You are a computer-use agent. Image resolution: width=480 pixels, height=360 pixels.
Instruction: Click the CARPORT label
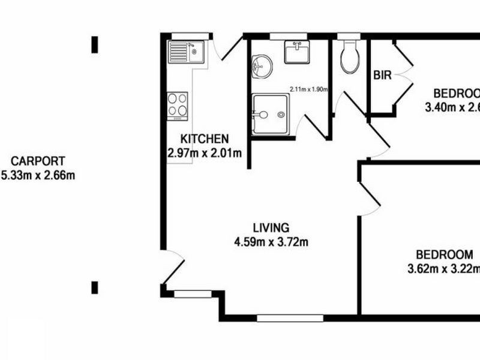point(38,161)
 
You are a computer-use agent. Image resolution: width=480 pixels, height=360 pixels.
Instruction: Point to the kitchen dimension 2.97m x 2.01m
point(205,153)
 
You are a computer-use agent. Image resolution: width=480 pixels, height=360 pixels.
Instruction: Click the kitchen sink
point(187,52)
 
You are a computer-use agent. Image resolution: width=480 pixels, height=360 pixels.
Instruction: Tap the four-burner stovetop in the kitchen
point(177,106)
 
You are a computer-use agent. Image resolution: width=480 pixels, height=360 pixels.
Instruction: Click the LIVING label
point(271,228)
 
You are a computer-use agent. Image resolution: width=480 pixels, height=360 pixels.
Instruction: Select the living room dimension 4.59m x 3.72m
point(271,242)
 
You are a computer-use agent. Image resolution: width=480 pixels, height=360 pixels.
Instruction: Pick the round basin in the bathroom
point(262,66)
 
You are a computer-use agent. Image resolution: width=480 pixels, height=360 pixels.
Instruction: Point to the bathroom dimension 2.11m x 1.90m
point(309,89)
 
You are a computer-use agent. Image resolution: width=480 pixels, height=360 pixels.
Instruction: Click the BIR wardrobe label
point(382,76)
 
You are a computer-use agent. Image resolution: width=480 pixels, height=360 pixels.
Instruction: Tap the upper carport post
point(94,44)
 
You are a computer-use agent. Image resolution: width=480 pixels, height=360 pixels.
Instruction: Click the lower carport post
point(94,287)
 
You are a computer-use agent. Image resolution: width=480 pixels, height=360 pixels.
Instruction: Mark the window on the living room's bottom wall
point(290,318)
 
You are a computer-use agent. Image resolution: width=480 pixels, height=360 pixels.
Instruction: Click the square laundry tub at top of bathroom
point(297,52)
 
